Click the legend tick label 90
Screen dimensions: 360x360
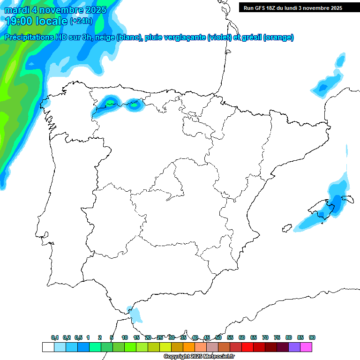[312, 337]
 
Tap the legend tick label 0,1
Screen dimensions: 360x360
[55, 337]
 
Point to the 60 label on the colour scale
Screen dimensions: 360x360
[242, 337]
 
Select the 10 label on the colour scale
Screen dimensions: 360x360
[125, 337]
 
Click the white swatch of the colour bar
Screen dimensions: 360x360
[48, 347]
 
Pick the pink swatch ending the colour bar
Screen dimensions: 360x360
[306, 347]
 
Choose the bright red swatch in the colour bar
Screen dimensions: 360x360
[247, 347]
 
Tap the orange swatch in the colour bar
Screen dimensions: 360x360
[189, 347]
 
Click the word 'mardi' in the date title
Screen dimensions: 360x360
[18, 10]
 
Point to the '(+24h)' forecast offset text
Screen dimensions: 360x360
[81, 21]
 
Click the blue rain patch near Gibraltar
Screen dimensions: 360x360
[135, 315]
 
